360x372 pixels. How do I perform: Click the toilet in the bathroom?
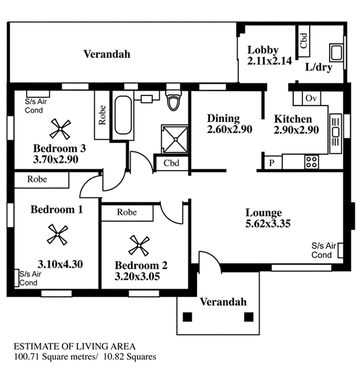[173, 100]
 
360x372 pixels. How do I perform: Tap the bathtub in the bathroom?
[123, 115]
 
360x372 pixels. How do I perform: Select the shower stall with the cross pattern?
[175, 139]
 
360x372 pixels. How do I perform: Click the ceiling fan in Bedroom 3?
[60, 129]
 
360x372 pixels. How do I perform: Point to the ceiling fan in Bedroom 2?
[139, 246]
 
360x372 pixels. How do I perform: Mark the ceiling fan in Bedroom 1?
[58, 234]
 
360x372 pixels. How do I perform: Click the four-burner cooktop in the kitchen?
[312, 162]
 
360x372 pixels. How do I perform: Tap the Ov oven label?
[311, 98]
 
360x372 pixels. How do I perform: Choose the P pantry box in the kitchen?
[273, 162]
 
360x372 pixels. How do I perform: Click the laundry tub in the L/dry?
[336, 53]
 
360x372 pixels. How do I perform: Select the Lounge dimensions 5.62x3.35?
[268, 224]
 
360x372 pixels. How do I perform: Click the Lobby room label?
[263, 50]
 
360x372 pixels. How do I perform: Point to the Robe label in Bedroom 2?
[127, 212]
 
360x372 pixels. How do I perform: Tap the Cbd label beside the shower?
[171, 163]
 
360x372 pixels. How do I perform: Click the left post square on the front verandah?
[187, 317]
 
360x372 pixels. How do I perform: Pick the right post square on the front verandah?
[248, 317]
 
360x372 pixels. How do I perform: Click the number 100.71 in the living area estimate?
[26, 356]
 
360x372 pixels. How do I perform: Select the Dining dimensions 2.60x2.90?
[229, 130]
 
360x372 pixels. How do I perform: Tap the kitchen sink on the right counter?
[336, 133]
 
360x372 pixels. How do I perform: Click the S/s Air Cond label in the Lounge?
[323, 250]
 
